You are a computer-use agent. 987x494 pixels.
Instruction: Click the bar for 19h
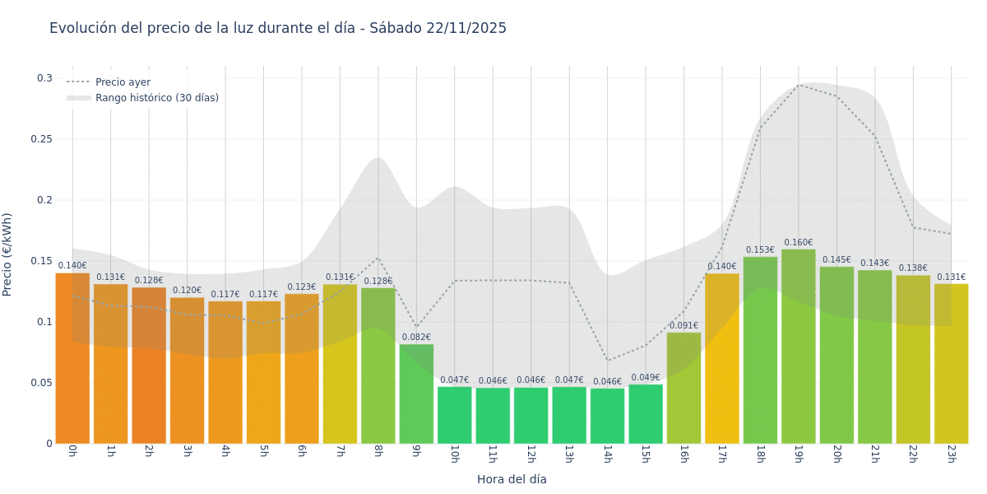(x=798, y=346)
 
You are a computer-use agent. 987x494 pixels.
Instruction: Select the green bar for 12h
(x=531, y=415)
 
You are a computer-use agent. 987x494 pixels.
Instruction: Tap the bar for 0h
(x=72, y=358)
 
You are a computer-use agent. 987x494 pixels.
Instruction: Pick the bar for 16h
(x=683, y=387)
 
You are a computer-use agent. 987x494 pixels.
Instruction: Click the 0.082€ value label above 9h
(x=416, y=337)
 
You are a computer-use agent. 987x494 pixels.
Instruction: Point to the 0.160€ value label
(x=798, y=243)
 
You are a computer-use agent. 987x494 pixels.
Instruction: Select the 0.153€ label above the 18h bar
(x=760, y=250)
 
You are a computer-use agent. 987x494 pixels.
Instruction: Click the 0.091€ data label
(x=683, y=326)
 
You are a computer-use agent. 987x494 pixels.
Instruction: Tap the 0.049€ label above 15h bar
(x=646, y=378)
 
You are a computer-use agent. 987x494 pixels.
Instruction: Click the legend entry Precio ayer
(x=123, y=82)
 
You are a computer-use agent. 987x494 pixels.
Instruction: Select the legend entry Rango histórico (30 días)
(x=156, y=98)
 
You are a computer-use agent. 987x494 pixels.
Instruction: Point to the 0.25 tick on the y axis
(x=41, y=139)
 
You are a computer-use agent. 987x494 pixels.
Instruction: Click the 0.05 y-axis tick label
(x=41, y=383)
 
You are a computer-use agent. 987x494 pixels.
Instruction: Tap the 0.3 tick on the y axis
(x=44, y=78)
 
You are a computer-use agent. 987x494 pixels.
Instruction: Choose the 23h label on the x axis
(x=951, y=454)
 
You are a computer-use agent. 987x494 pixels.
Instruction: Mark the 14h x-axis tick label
(x=607, y=454)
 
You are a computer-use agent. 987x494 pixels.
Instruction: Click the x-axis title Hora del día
(x=512, y=479)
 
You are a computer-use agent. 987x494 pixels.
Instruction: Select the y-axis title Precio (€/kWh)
(x=7, y=254)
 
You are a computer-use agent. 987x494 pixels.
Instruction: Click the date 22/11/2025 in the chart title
(x=466, y=28)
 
